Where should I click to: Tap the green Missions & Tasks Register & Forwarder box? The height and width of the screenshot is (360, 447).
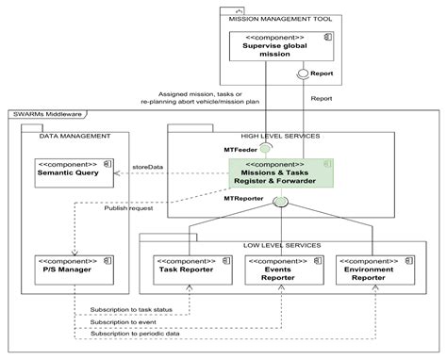click(279, 173)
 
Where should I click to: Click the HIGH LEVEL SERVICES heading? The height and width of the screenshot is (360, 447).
click(279, 136)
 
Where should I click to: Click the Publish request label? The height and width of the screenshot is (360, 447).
click(129, 207)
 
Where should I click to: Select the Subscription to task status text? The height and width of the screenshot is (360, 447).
click(132, 309)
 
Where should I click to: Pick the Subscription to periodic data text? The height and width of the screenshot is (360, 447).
click(137, 333)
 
